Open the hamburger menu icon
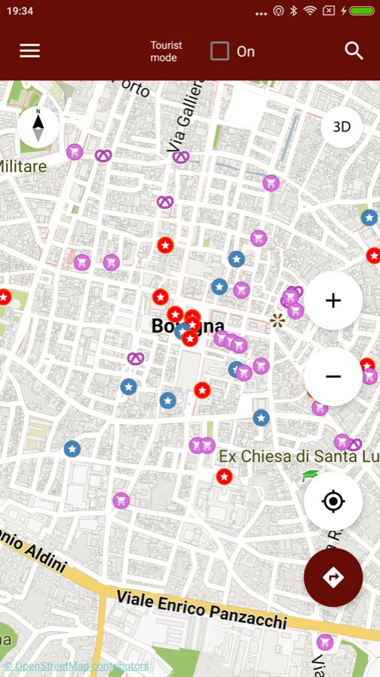click(x=30, y=50)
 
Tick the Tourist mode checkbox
click(x=219, y=51)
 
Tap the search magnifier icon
click(x=354, y=50)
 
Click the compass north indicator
click(x=38, y=126)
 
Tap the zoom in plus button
click(x=333, y=301)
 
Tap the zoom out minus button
click(x=333, y=376)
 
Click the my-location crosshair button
click(x=333, y=501)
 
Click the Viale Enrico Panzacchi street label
click(x=201, y=609)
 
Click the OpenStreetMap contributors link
click(x=77, y=666)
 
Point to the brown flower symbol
click(x=277, y=321)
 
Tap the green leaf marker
click(x=310, y=475)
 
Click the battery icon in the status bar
click(x=361, y=11)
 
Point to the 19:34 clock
click(x=20, y=11)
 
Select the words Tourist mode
click(x=166, y=51)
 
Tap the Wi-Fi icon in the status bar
click(x=310, y=11)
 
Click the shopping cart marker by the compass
click(x=74, y=152)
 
